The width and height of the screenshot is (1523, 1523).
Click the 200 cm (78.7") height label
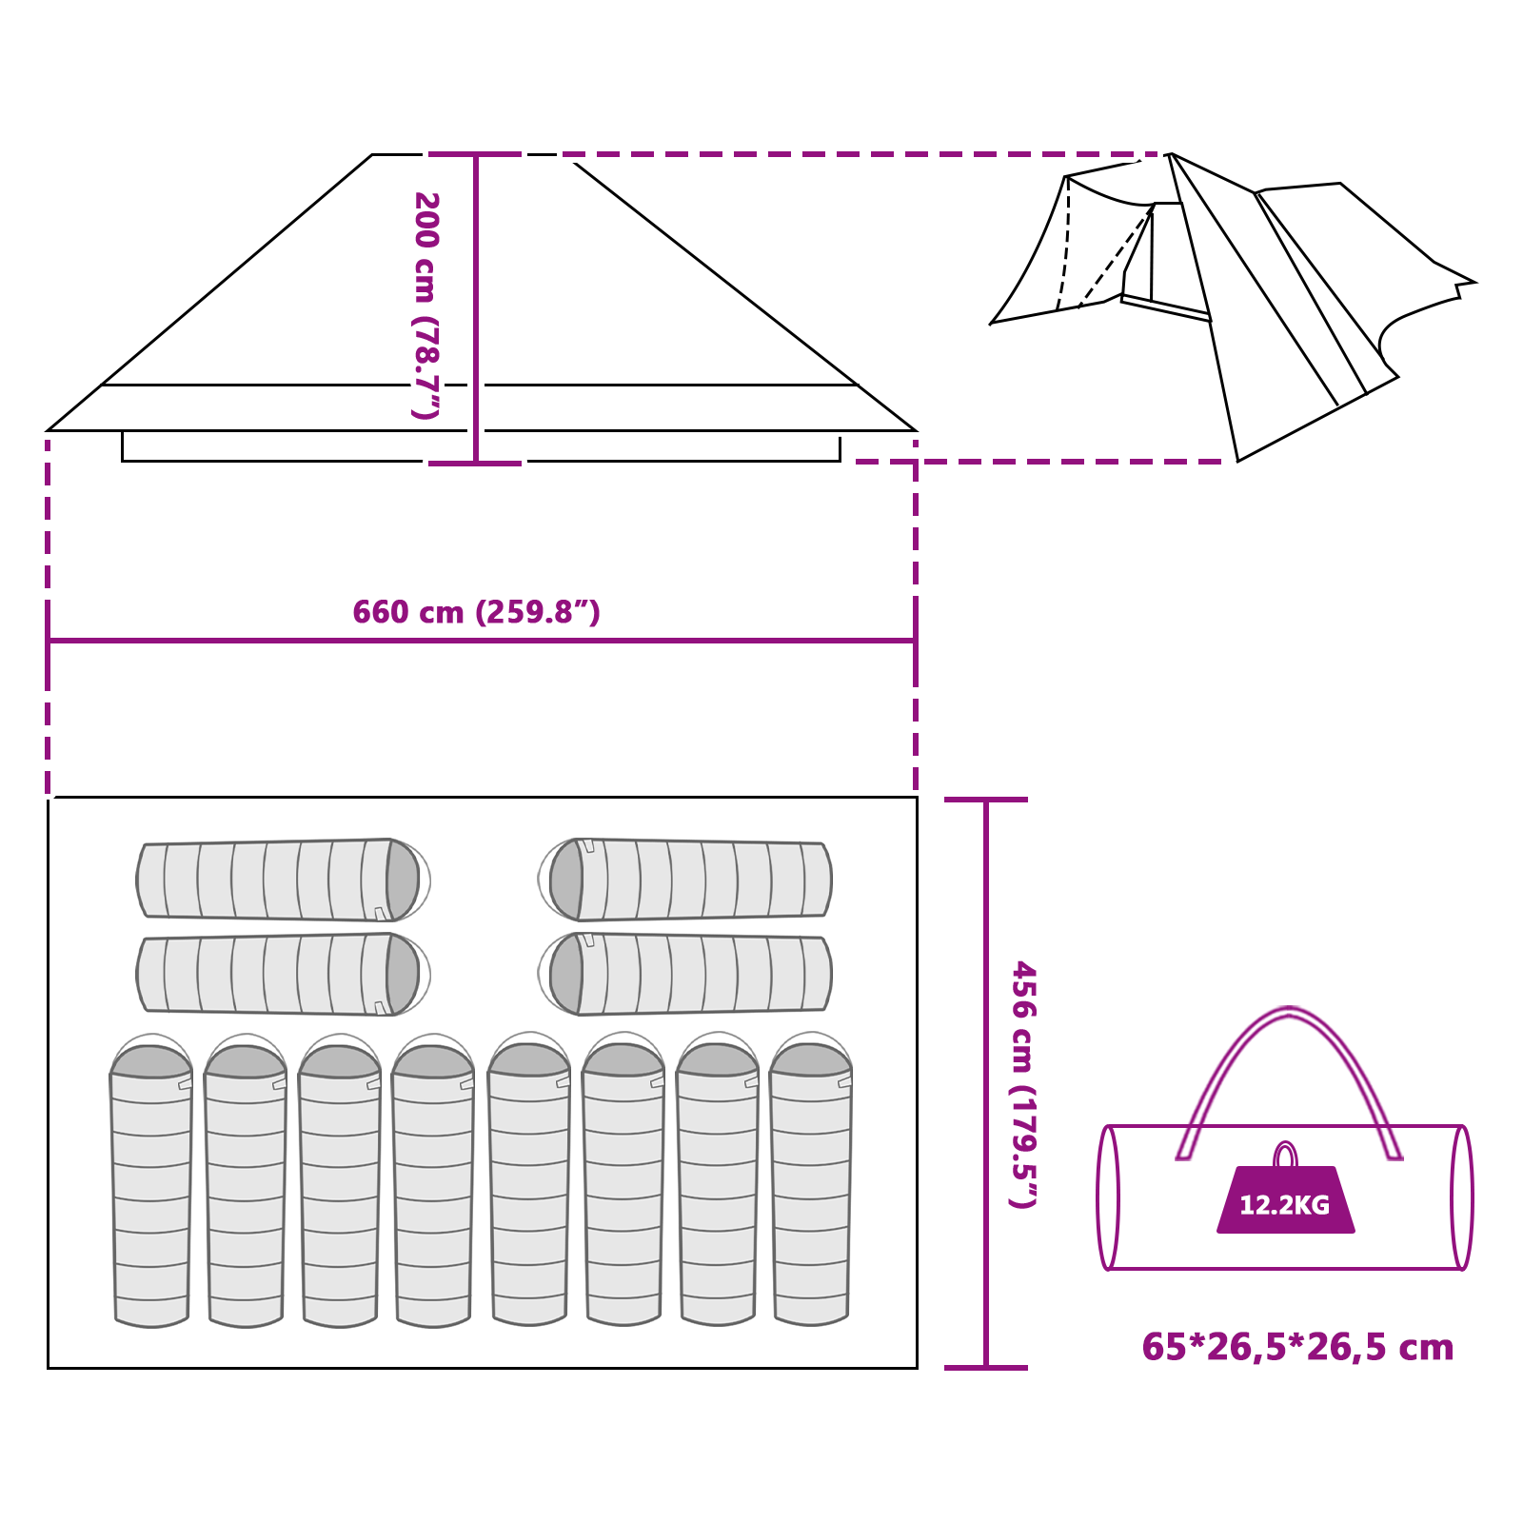pyautogui.click(x=425, y=306)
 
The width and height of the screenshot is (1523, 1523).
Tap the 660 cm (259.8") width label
pyautogui.click(x=476, y=612)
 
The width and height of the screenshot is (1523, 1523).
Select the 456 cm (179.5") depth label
pyautogui.click(x=1023, y=1084)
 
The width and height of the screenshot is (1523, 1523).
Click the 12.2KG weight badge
pyautogui.click(x=1285, y=1203)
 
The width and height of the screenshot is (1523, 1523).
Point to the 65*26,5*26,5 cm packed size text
pyautogui.click(x=1297, y=1347)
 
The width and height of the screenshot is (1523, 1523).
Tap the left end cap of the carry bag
pyautogui.click(x=1107, y=1197)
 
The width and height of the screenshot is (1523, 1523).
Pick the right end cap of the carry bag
pyautogui.click(x=1461, y=1197)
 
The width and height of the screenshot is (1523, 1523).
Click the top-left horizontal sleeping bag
pyautogui.click(x=276, y=880)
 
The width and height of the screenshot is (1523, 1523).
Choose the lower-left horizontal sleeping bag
pyautogui.click(x=276, y=974)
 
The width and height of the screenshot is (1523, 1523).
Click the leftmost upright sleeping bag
pyautogui.click(x=150, y=1190)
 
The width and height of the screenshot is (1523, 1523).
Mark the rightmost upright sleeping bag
pyautogui.click(x=811, y=1190)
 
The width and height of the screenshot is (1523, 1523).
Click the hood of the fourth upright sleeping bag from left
pyautogui.click(x=433, y=1060)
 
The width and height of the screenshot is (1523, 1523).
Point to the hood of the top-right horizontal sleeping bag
pyautogui.click(x=565, y=880)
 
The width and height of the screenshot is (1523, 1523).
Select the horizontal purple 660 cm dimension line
pyautogui.click(x=286, y=641)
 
